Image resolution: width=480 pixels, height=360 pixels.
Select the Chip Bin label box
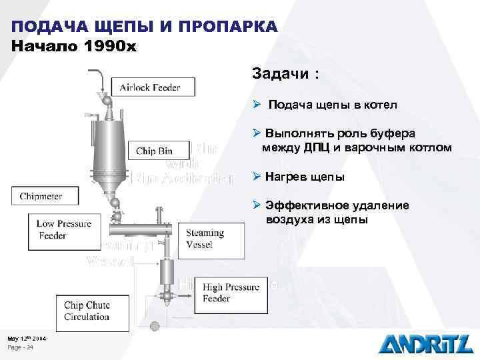[x=155, y=151]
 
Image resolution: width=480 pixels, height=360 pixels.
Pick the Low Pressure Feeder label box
[x=64, y=229]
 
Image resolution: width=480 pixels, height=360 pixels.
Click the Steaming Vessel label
[x=205, y=239]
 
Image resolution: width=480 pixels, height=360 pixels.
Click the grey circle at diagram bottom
[x=155, y=326]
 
